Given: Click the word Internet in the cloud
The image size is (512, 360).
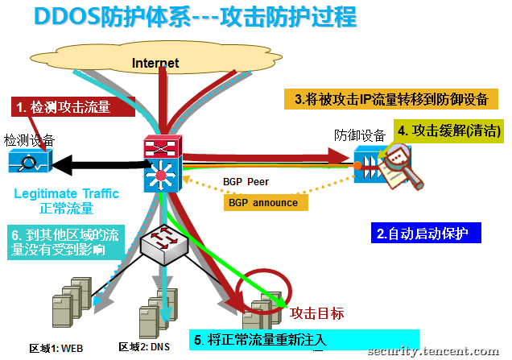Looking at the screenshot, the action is coord(155,63).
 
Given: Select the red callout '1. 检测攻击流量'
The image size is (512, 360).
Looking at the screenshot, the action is coord(73,106).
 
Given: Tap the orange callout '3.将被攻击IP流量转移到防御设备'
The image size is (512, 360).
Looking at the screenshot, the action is coord(391,99).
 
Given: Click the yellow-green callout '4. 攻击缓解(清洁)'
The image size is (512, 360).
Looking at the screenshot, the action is coord(448,131).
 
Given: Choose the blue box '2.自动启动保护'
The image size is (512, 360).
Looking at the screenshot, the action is coord(426,233).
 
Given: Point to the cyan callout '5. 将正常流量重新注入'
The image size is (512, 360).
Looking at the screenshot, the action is coord(304,340).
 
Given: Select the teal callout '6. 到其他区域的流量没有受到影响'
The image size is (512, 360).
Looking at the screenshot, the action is coord(66,242).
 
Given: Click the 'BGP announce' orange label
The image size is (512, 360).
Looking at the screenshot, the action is coord(266,202).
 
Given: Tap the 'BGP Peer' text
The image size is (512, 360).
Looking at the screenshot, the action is coord(246,182).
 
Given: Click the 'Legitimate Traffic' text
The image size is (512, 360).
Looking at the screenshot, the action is coord(66,193).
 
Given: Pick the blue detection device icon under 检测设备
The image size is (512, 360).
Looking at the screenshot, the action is coord(30,160).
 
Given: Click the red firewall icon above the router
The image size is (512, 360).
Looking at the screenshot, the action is coord(163,147).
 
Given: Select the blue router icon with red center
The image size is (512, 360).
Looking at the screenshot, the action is coord(163,175).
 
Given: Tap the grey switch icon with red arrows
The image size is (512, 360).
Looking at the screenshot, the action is coord(164,243).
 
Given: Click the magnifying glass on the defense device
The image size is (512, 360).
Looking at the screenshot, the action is coord(403,165).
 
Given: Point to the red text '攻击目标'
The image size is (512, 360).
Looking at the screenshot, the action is coord(316,313).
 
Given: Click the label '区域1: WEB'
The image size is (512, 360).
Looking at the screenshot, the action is coord(56,348).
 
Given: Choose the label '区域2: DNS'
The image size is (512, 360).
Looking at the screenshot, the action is coord(144,346).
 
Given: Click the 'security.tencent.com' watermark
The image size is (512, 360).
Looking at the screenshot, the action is coord(433,351).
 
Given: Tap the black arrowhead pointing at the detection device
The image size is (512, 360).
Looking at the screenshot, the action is coord(62,165).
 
